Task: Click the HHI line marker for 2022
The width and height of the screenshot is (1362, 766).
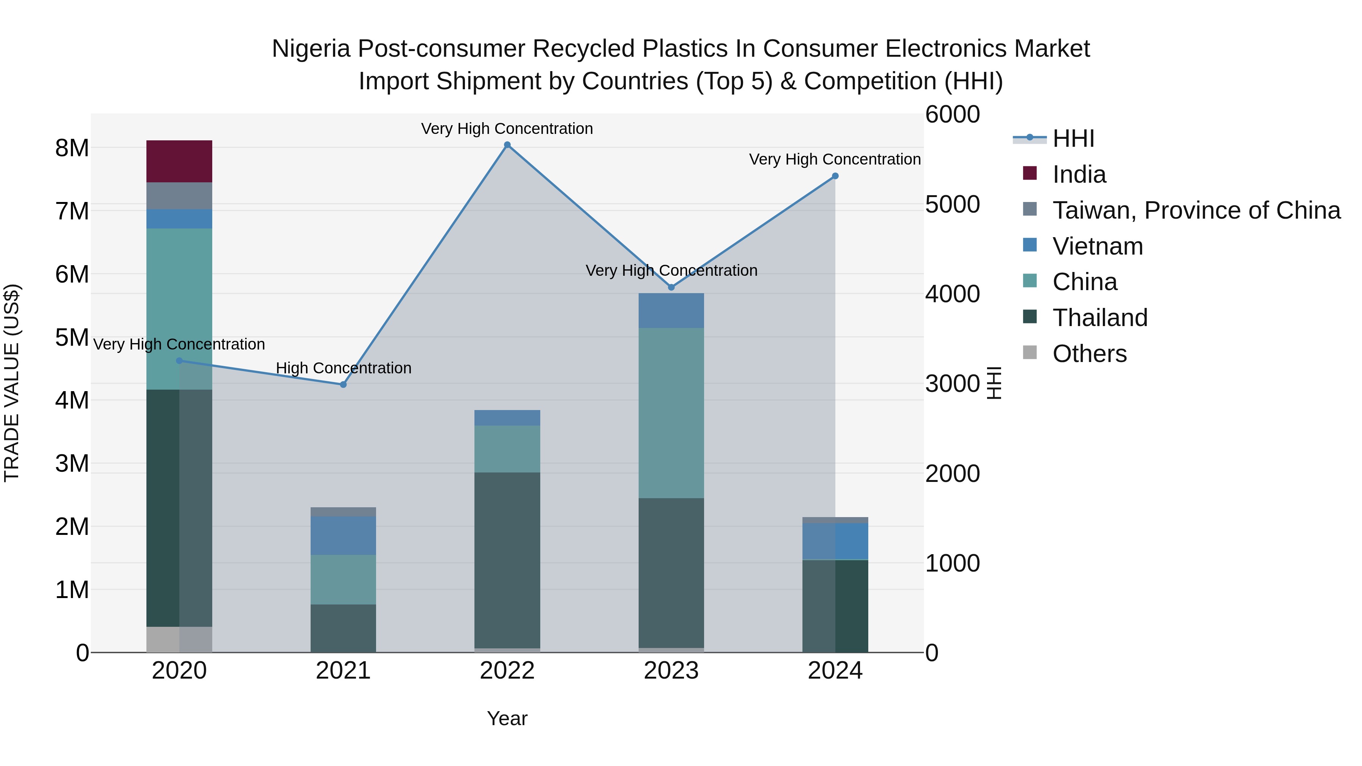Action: (x=507, y=145)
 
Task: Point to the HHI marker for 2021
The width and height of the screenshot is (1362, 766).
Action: (x=343, y=384)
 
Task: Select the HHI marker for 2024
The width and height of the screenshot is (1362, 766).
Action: (x=835, y=176)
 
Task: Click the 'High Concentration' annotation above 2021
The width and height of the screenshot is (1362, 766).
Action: (x=343, y=368)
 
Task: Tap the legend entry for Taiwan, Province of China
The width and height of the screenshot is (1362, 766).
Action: (x=1196, y=210)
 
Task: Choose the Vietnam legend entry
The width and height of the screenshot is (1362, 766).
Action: (x=1097, y=246)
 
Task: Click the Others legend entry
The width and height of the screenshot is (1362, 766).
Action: (x=1089, y=354)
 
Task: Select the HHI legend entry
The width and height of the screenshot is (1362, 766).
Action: (x=1073, y=138)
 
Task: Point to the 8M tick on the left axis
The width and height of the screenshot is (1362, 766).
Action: (x=72, y=148)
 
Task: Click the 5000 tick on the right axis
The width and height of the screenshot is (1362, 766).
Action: (x=952, y=205)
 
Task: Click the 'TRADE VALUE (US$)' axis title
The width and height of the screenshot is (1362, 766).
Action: (x=12, y=383)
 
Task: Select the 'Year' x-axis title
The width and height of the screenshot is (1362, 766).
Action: (x=507, y=718)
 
